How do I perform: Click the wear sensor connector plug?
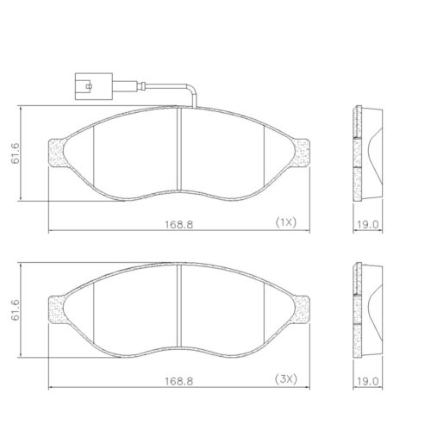(94, 86)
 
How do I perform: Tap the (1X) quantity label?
(285, 222)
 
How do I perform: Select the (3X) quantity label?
(285, 379)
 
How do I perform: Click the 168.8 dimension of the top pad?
(178, 224)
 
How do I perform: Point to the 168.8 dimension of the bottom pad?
(178, 381)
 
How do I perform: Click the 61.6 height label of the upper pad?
(16, 153)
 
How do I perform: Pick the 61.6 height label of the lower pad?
(16, 310)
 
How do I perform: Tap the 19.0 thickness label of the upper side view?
(368, 224)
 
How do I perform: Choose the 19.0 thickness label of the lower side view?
(368, 381)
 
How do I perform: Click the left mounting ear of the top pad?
(55, 153)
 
